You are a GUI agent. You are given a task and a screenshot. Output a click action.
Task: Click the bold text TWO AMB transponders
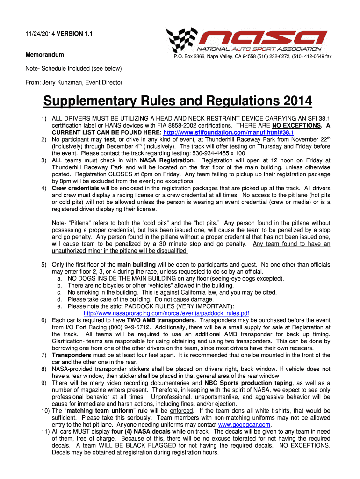(158, 320)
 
